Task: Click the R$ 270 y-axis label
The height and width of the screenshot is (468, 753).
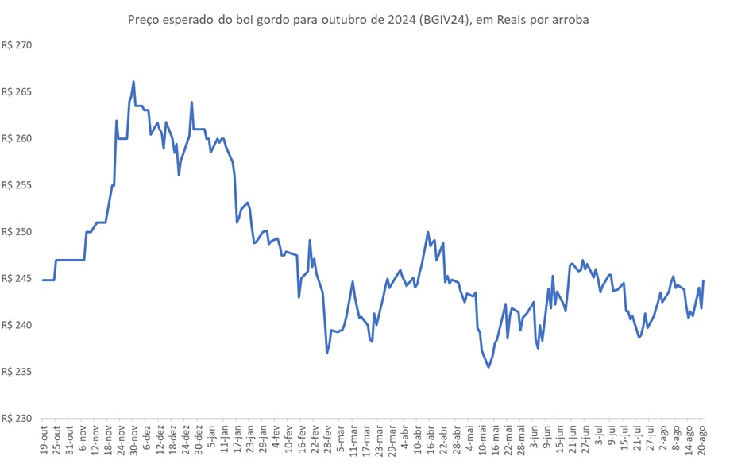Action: [16, 45]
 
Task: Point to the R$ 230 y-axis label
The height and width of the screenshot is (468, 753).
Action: [16, 419]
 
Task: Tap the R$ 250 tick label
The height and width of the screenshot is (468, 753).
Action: [16, 232]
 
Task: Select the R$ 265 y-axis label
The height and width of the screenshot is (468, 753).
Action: [16, 92]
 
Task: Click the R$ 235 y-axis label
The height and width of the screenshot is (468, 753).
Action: [16, 372]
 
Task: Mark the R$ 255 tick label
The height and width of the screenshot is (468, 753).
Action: [16, 185]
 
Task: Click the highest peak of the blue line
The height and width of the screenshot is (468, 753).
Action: [133, 81]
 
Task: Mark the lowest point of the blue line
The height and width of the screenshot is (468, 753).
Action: [488, 367]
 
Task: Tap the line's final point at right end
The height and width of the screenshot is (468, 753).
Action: [704, 280]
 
